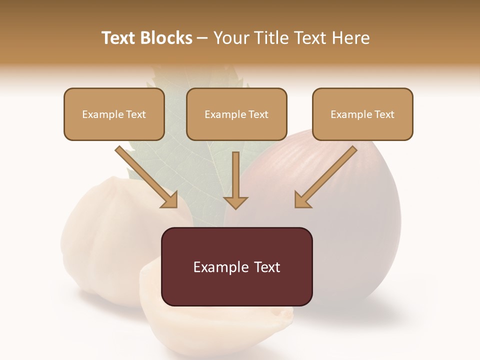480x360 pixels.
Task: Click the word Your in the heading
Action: pos(229,38)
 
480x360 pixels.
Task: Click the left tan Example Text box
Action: pos(114,114)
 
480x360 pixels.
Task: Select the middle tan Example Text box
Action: pos(236,114)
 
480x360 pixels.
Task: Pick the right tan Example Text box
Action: pos(362,114)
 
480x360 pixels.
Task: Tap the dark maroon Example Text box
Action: pos(236,266)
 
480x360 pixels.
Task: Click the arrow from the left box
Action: pos(145,175)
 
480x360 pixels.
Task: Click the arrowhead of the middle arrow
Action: pos(235,202)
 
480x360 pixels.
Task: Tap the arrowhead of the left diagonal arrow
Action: pos(170,199)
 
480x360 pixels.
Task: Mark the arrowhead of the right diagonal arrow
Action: pos(302,199)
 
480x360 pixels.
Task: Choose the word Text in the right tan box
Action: pos(384,114)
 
